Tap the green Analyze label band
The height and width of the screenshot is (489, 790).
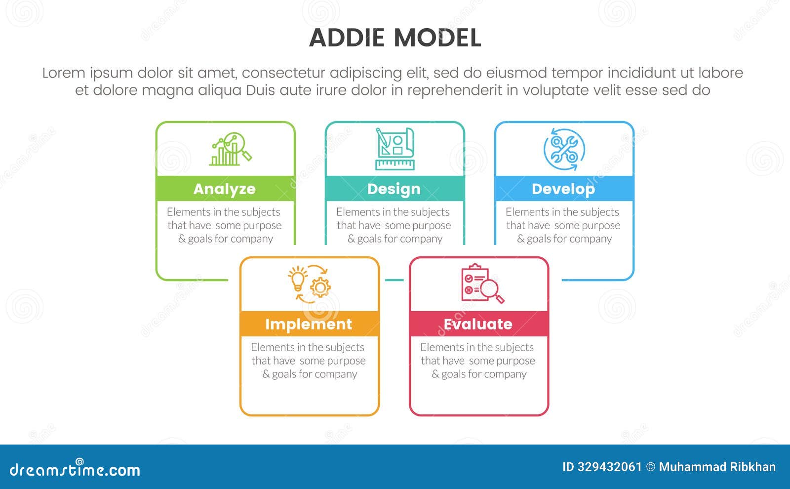[x=225, y=189]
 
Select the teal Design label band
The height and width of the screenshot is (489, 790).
[x=395, y=189]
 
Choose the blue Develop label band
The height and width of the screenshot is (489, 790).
[x=564, y=189]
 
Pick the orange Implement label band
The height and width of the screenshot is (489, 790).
[x=309, y=324]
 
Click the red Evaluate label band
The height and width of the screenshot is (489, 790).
[x=478, y=324]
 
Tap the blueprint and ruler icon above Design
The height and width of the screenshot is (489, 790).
[x=395, y=149]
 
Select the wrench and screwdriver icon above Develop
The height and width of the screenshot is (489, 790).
[x=564, y=149]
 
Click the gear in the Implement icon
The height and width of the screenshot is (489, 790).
[x=321, y=287]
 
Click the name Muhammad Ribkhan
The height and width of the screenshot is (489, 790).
[x=717, y=467]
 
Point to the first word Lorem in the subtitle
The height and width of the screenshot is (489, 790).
[x=64, y=73]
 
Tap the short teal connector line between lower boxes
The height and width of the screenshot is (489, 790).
[x=394, y=280]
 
